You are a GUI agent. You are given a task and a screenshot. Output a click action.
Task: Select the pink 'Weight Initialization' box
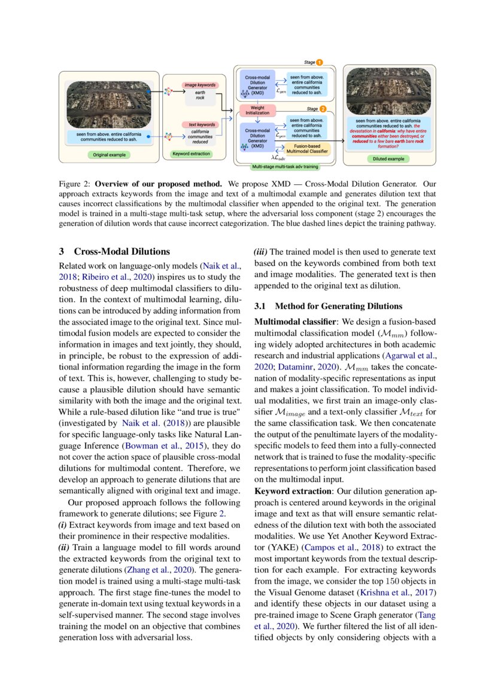(257, 111)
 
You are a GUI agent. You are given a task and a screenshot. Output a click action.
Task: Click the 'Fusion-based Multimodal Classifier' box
(308, 149)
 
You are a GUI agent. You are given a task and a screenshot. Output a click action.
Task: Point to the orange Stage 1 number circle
(320, 62)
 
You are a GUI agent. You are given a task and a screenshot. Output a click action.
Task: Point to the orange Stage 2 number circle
(323, 109)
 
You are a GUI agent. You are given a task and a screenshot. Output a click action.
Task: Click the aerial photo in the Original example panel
(108, 103)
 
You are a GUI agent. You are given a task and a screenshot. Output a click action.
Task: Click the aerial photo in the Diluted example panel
(388, 90)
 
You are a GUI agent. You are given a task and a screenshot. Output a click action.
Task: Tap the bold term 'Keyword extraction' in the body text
(289, 491)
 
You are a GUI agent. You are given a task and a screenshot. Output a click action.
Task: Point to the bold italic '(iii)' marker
(262, 252)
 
